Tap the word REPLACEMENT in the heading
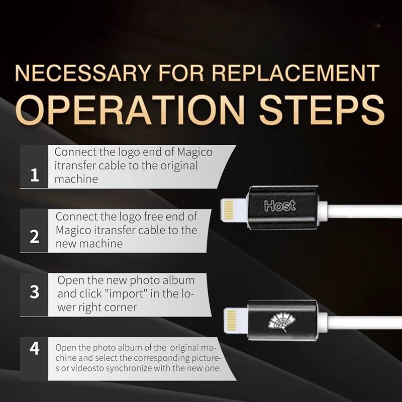[x=295, y=73]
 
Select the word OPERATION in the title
[x=130, y=110]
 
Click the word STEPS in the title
[x=322, y=110]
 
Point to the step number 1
[x=35, y=175]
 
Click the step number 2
[x=35, y=236]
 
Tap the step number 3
[x=35, y=292]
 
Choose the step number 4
[x=35, y=348]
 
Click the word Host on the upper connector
[x=280, y=206]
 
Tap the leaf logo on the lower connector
[x=281, y=322]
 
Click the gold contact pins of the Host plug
[x=229, y=210]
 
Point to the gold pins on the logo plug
[x=231, y=320]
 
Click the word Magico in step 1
[x=195, y=153]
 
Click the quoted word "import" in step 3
[x=126, y=294]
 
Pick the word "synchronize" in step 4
[x=129, y=369]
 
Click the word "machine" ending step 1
[x=76, y=179]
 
